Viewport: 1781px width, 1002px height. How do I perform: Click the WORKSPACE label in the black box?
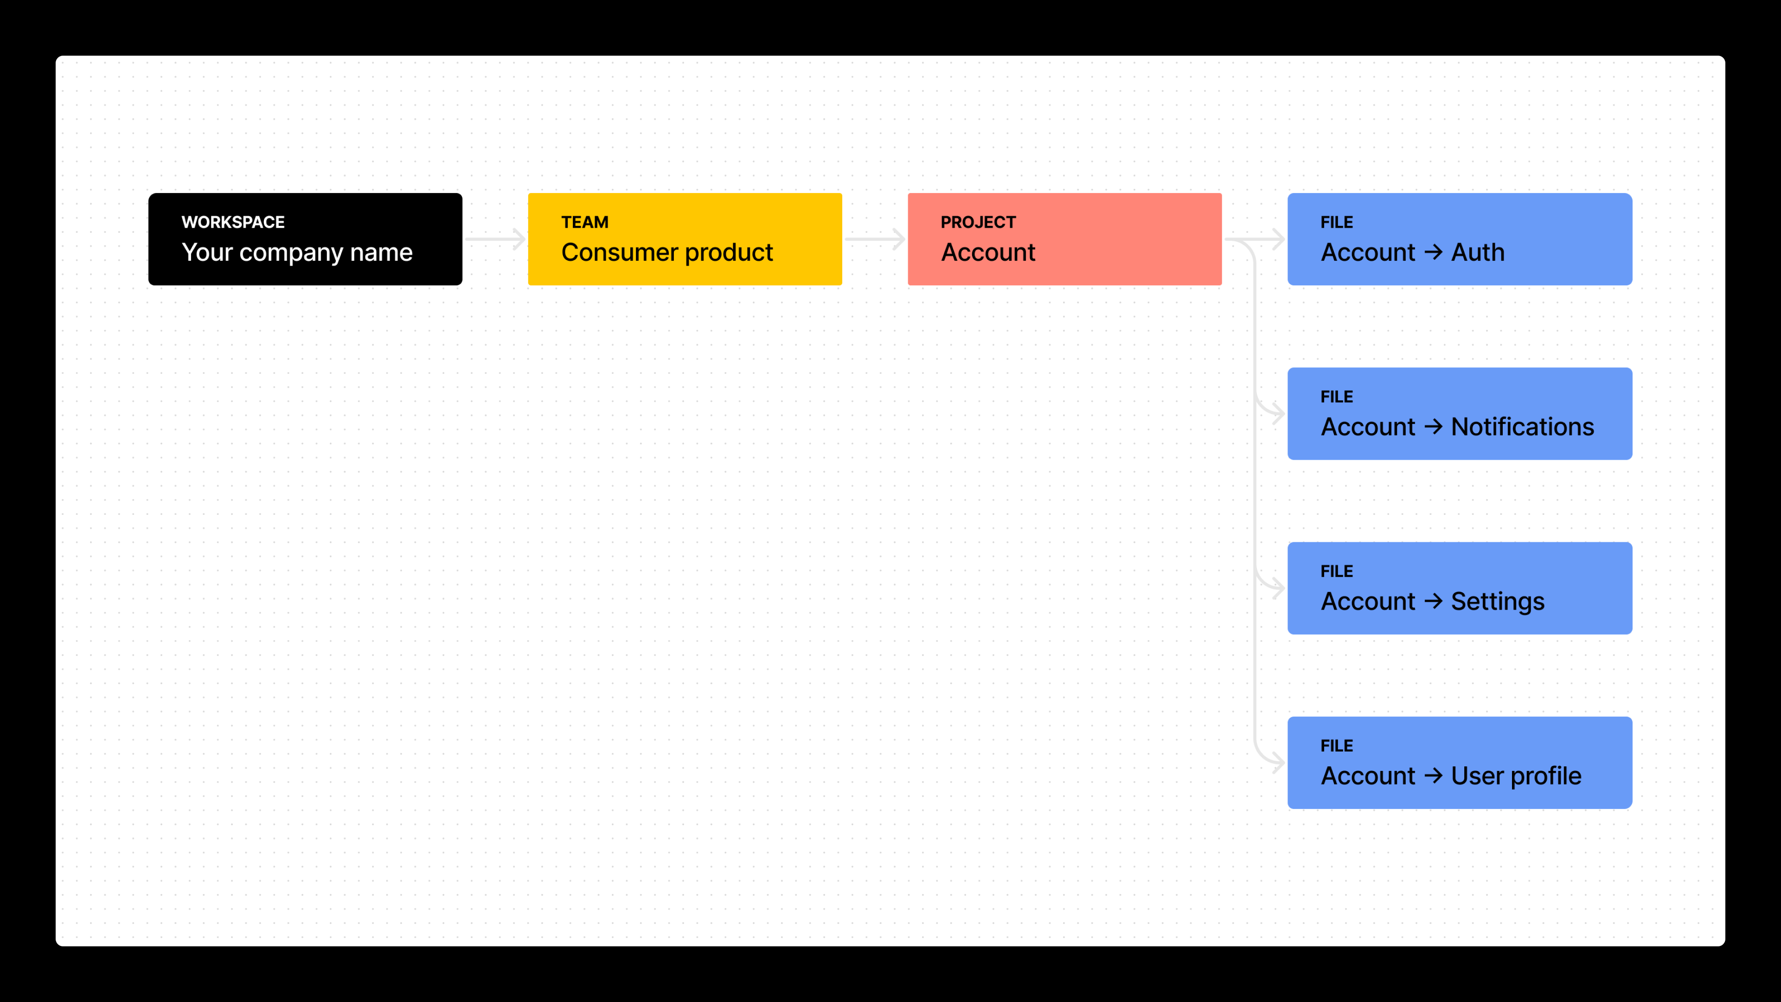click(x=233, y=222)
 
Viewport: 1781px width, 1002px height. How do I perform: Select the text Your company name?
click(x=297, y=252)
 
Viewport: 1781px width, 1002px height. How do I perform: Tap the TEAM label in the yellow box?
click(x=584, y=222)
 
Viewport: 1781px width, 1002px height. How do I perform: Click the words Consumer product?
click(x=666, y=252)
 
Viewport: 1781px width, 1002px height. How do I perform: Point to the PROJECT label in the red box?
click(x=978, y=222)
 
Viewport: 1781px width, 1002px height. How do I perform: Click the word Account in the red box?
click(x=987, y=252)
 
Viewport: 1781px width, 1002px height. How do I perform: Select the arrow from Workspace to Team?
click(x=495, y=239)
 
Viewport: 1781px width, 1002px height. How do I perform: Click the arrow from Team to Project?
click(x=875, y=239)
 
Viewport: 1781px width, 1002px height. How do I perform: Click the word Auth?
click(x=1478, y=252)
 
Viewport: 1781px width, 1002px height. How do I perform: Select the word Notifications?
click(x=1522, y=427)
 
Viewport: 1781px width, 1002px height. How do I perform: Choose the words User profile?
click(x=1516, y=776)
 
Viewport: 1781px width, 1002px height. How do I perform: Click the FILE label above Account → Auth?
click(x=1336, y=222)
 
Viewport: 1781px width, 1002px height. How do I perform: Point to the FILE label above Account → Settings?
click(x=1336, y=571)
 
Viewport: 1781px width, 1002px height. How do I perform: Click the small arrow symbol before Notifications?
click(x=1433, y=427)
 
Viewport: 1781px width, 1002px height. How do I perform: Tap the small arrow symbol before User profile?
click(x=1433, y=776)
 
